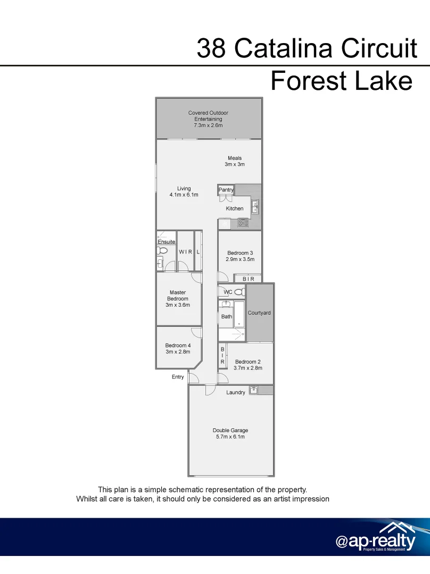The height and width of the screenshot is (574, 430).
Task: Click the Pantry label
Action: tap(226, 190)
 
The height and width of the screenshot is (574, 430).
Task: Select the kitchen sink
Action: tap(255, 206)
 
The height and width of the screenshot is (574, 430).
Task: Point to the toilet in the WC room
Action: tap(239, 292)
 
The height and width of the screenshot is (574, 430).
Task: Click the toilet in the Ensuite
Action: tap(163, 250)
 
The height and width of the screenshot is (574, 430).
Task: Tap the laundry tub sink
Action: tap(253, 391)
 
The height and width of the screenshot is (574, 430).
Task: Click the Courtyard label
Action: tap(259, 313)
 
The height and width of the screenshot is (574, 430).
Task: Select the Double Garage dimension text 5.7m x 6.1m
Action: tap(230, 437)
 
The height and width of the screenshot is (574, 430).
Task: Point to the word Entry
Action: tap(178, 377)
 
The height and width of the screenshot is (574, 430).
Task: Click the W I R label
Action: tap(185, 252)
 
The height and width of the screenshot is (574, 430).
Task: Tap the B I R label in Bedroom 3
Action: tap(249, 278)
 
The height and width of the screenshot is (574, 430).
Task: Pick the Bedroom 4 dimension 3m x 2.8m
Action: tap(178, 352)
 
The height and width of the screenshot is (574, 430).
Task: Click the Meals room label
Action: tap(235, 158)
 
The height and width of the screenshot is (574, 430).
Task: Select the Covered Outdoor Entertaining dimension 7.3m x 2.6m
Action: tap(208, 125)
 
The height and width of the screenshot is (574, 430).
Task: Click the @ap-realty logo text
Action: tap(375, 541)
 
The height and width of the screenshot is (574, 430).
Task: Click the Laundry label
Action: tap(236, 393)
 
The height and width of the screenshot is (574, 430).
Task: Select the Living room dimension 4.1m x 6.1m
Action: tap(184, 195)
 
